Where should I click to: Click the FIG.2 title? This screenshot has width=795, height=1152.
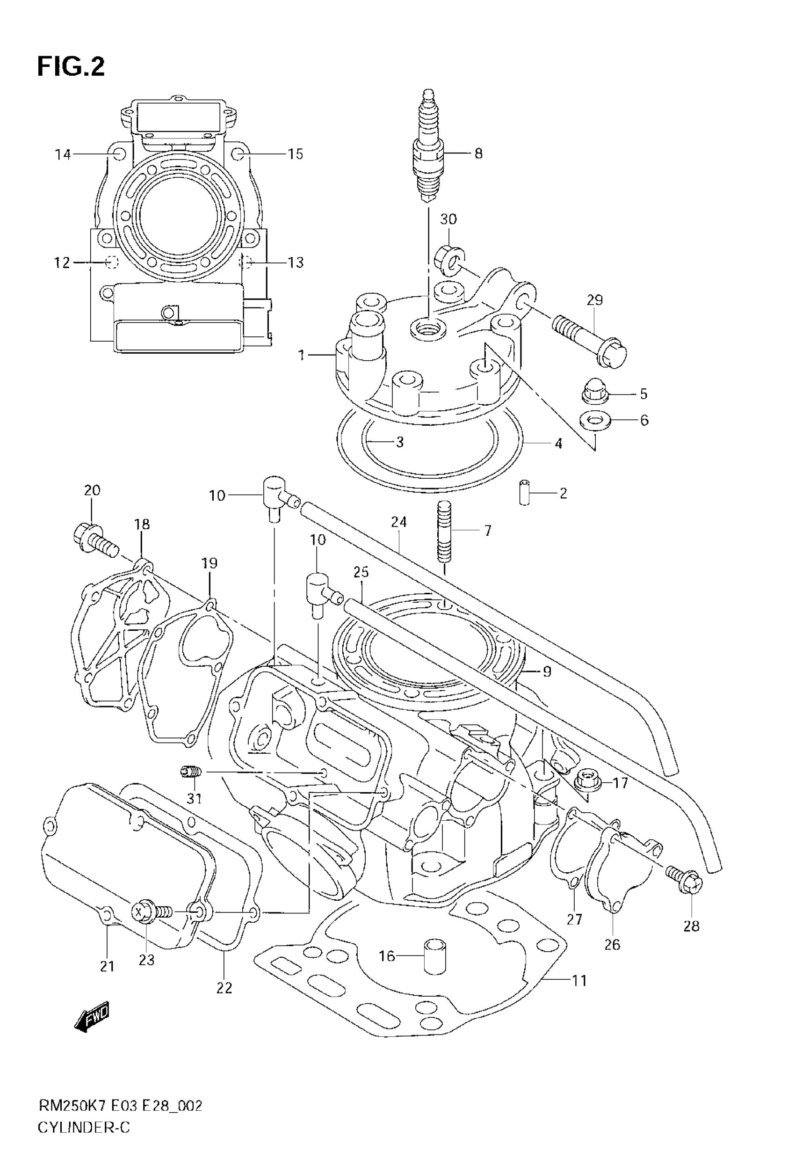(71, 66)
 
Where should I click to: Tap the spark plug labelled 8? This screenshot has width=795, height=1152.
(428, 149)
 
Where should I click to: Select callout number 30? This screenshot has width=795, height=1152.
(448, 219)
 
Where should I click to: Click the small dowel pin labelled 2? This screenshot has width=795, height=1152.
(523, 492)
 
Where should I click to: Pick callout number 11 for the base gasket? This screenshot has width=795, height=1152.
(579, 981)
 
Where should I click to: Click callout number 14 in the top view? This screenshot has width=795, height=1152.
(63, 154)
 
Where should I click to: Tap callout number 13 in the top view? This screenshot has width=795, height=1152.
(296, 262)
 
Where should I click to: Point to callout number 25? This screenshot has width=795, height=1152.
(361, 572)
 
